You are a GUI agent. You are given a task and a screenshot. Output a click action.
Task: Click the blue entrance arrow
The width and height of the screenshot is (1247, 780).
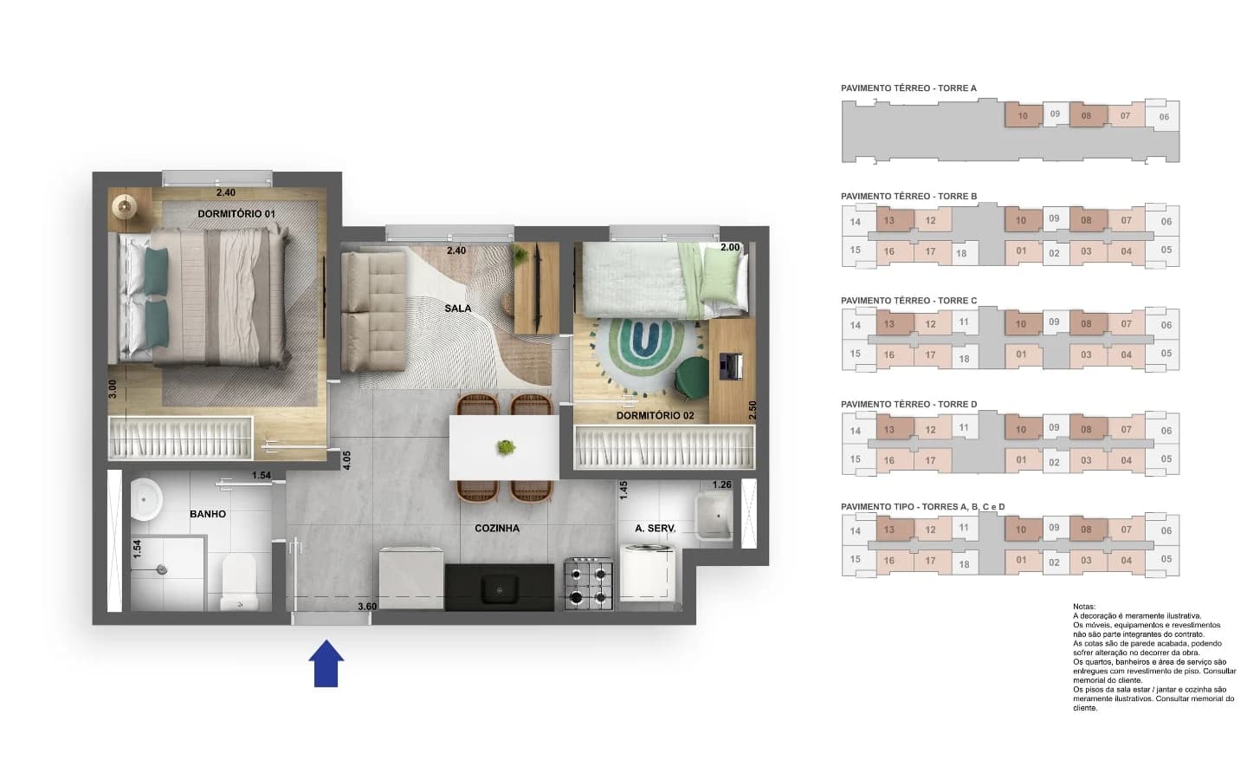click(326, 663)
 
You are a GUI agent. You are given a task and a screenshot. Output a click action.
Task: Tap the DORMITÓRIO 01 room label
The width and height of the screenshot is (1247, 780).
click(236, 214)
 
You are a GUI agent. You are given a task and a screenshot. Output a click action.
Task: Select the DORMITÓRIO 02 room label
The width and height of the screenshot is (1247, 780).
click(656, 416)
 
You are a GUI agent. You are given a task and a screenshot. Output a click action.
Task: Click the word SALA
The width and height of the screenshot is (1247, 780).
click(457, 309)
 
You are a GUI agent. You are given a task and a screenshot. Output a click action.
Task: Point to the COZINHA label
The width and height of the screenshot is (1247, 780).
click(496, 528)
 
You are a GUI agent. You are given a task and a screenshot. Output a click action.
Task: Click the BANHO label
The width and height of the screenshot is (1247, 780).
click(208, 514)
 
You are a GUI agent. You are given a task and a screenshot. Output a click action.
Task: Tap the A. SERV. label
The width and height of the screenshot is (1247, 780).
click(656, 528)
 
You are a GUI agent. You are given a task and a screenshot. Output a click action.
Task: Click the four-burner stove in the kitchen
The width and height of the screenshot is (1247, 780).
click(589, 584)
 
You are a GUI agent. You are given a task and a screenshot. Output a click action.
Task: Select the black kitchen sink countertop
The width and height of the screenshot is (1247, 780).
click(500, 588)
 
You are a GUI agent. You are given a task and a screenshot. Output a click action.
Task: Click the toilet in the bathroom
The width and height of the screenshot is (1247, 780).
click(240, 582)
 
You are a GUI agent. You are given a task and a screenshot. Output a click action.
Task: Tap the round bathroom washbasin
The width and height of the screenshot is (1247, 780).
click(145, 499)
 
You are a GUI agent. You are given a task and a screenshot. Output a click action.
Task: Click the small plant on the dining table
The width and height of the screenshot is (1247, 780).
click(506, 447)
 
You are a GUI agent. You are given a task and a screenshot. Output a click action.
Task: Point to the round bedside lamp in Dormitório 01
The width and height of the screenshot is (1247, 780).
click(124, 207)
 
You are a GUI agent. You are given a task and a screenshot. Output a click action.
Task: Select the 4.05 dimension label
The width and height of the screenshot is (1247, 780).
click(346, 460)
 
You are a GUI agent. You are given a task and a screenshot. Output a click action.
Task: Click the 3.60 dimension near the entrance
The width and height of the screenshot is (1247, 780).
click(367, 607)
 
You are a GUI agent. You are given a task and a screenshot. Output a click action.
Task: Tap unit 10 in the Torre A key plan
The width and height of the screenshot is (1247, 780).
click(1023, 116)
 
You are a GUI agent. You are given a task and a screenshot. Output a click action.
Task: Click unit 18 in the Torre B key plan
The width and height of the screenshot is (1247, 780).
click(961, 253)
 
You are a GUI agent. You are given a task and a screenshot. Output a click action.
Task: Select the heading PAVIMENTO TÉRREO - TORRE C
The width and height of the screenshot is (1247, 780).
click(908, 300)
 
